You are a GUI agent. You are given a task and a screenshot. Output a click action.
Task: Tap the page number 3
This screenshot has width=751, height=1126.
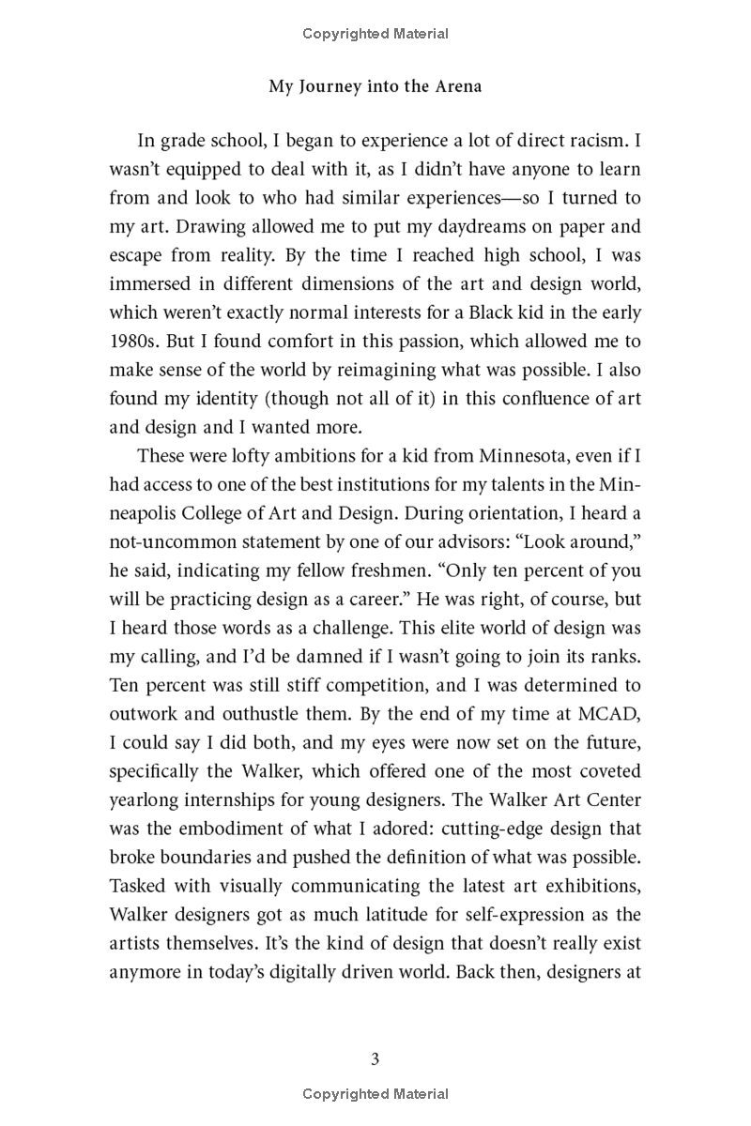click(375, 1059)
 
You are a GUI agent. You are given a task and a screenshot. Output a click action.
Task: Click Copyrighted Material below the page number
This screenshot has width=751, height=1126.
click(375, 1093)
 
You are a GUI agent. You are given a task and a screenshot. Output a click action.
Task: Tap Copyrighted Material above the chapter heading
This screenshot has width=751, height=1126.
click(375, 34)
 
